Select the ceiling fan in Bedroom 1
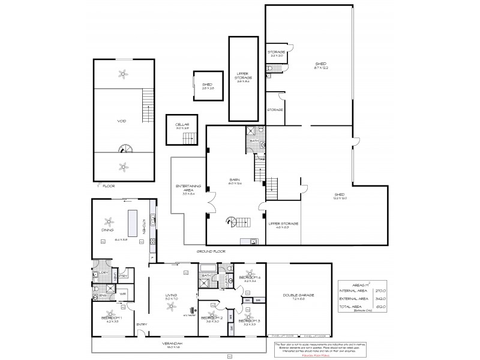pyautogui.click(x=110, y=313)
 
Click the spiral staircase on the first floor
pyautogui.click(x=124, y=148)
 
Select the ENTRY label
pyautogui.click(x=142, y=325)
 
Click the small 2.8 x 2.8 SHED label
pyautogui.click(x=207, y=86)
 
